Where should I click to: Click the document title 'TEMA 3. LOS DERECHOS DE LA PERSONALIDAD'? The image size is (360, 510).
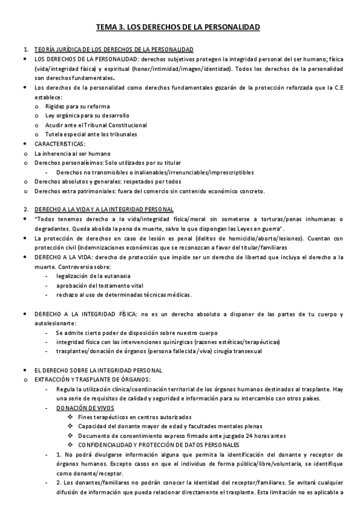pos(178,27)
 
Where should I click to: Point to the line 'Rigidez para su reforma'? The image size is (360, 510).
pos(78,106)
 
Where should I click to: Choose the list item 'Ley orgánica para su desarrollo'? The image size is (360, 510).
pos(87,115)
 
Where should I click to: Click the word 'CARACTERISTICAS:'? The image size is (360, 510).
pos(60,144)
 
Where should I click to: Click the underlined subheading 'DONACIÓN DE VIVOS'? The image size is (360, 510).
pos(81,408)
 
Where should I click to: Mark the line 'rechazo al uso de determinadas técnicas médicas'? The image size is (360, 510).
pos(124,295)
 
